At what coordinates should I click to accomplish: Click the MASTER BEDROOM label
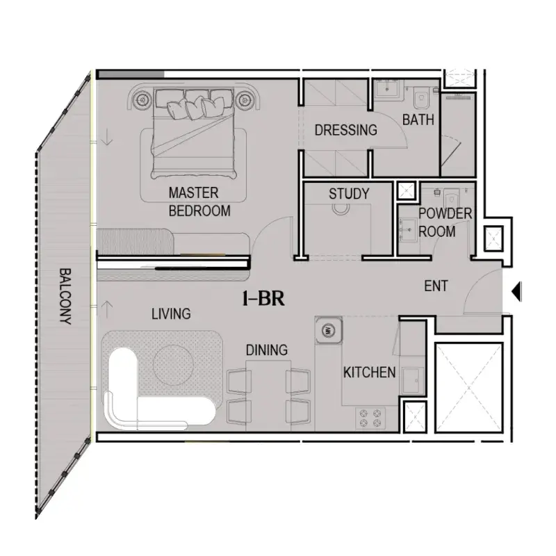(199, 202)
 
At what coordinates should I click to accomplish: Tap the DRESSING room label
(345, 130)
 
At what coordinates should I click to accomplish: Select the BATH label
(418, 120)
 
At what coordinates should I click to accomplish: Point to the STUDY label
(349, 194)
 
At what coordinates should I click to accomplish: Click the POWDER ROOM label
(445, 222)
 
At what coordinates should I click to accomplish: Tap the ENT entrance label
(436, 286)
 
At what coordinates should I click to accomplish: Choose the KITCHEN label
(369, 373)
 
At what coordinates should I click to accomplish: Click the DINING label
(267, 350)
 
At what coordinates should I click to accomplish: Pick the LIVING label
(171, 314)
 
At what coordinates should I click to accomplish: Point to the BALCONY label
(65, 296)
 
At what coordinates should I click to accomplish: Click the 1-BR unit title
(263, 298)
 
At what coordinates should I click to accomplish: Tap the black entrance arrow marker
(516, 291)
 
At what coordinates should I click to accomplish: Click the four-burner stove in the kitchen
(370, 418)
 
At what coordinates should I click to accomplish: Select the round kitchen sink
(328, 331)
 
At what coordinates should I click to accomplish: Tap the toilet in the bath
(421, 97)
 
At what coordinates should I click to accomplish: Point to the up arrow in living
(107, 309)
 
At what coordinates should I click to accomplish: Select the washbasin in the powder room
(408, 230)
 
